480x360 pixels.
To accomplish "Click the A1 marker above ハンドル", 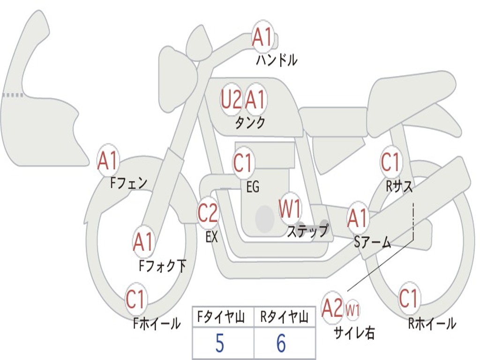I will coord(262,37).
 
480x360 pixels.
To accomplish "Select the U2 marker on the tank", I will coord(231,99).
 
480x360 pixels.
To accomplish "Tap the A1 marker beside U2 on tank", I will coord(255,99).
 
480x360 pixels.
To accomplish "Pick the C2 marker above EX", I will coord(208,213).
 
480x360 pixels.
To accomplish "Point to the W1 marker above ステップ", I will coord(290,209).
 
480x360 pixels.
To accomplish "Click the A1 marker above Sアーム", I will coord(358,218).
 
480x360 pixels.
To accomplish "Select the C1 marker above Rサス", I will coord(390,162).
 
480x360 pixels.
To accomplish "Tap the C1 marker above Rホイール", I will coord(408,298).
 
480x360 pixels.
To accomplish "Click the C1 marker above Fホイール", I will coord(136,300).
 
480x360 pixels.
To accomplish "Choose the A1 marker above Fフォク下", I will coord(143,242).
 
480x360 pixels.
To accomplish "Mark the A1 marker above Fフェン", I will coord(108,161).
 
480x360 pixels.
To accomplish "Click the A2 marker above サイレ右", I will coord(332,308).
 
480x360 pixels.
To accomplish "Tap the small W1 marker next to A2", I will coord(352,309).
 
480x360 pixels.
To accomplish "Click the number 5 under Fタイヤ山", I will coord(220,344).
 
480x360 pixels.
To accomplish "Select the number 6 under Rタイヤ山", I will coord(281,344).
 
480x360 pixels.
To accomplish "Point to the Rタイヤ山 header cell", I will coord(284,318).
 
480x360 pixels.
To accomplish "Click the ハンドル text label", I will coord(277,60).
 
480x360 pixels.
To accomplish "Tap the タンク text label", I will coord(250,122).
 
